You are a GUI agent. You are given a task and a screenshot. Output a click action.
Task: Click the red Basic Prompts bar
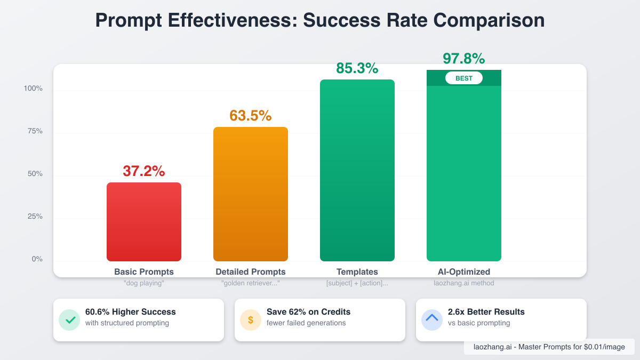click(x=144, y=222)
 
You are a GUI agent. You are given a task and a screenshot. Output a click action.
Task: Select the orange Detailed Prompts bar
click(x=251, y=194)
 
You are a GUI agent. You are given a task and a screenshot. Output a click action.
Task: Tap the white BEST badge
click(x=463, y=78)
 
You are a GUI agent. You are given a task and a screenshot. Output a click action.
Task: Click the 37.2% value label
click(x=144, y=171)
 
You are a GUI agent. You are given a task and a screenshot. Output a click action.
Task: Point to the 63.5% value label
click(x=251, y=116)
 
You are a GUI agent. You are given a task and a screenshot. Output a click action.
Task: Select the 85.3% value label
click(x=357, y=68)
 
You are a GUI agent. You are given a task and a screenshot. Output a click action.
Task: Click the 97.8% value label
click(x=463, y=58)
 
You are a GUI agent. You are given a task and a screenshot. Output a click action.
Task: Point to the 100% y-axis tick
click(x=33, y=89)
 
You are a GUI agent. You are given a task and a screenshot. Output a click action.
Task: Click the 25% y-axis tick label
click(x=35, y=217)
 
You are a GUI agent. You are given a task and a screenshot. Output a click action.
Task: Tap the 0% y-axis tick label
click(x=37, y=259)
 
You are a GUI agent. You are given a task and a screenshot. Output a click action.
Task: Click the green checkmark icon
click(x=69, y=320)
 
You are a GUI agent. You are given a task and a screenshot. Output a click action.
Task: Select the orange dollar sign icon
click(x=251, y=320)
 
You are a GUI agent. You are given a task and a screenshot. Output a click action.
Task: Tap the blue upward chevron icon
click(x=432, y=319)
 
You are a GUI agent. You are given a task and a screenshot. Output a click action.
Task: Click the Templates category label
click(x=357, y=272)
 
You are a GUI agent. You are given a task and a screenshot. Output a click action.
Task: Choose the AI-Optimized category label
click(x=463, y=272)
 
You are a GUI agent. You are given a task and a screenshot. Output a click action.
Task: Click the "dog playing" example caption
click(x=144, y=283)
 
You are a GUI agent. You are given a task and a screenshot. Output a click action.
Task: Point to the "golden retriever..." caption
click(x=251, y=283)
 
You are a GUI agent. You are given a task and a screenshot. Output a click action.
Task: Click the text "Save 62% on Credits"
click(x=308, y=312)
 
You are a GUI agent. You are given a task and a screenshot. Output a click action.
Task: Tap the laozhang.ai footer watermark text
click(x=549, y=347)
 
